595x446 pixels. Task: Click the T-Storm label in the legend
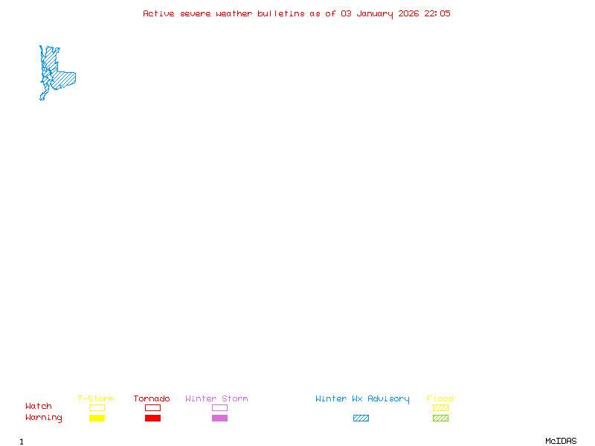coord(96,399)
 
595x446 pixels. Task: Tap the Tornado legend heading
coord(152,399)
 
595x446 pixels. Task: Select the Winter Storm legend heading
coord(216,399)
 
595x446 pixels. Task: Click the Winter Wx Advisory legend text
coord(362,399)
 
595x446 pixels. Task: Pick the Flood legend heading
coord(440,399)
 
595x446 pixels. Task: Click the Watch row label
coord(39,407)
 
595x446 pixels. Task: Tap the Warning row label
coord(44,418)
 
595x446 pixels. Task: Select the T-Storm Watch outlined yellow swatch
coord(97,407)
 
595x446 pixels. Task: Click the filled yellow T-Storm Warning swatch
coord(97,418)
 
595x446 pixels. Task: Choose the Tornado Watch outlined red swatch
coord(152,407)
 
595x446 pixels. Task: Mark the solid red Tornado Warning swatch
coord(152,418)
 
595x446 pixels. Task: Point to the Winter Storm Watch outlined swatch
coord(219,407)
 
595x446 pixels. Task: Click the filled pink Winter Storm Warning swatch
coord(219,418)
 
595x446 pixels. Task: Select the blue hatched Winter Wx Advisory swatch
coord(361,418)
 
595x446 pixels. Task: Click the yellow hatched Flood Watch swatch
coord(440,407)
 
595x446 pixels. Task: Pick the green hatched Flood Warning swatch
coord(440,418)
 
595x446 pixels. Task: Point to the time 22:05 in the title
coord(437,13)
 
